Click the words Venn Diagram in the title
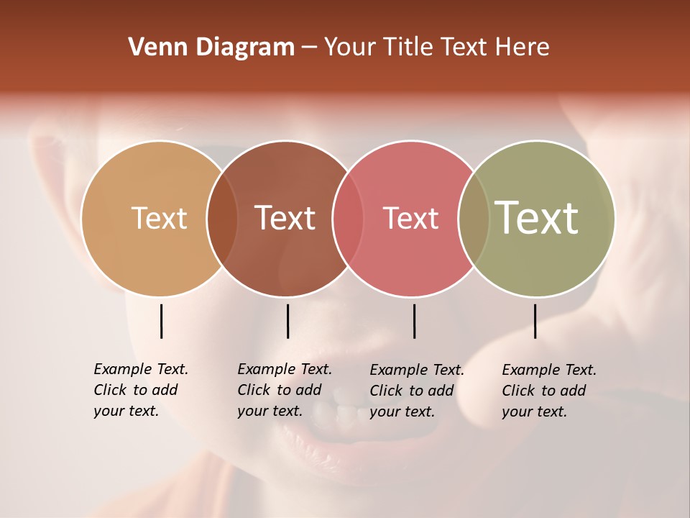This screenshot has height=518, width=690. point(211,47)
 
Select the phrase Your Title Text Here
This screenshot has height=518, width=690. point(436,47)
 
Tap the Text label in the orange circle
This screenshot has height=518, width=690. point(159,218)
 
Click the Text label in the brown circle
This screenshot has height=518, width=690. point(285,218)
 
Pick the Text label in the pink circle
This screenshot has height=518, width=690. point(410,218)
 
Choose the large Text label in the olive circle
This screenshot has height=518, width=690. point(537,217)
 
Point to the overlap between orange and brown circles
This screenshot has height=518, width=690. point(222,218)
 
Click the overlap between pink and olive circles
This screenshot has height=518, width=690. point(474,218)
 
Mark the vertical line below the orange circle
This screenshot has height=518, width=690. point(162,321)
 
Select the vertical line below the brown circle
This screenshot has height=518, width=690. point(287,321)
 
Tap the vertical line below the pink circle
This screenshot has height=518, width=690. point(414,321)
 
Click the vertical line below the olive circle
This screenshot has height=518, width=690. point(535,321)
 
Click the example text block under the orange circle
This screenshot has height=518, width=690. point(140,390)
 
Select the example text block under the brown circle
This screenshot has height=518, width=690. point(284,390)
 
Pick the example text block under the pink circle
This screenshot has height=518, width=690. point(416,391)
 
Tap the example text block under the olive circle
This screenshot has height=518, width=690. point(548,391)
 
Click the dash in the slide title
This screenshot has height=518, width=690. point(309,48)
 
